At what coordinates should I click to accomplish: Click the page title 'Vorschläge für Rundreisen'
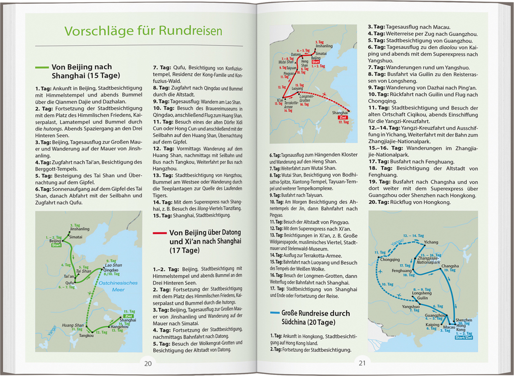[x=143, y=31]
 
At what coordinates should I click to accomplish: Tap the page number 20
[x=147, y=363]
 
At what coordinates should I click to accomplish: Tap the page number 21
[x=362, y=363]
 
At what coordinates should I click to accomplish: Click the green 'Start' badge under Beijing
[x=55, y=245]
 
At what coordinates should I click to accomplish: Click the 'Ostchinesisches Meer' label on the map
[x=117, y=286]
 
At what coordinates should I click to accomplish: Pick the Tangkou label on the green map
[x=86, y=335]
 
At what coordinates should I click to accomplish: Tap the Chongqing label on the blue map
[x=390, y=260]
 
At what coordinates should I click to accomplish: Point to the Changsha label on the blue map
[x=450, y=266]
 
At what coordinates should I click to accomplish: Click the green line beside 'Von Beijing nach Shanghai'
[x=41, y=67]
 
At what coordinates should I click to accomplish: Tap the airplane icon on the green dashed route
[x=90, y=293]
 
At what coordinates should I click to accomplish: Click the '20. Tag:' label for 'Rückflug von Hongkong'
[x=379, y=202]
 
